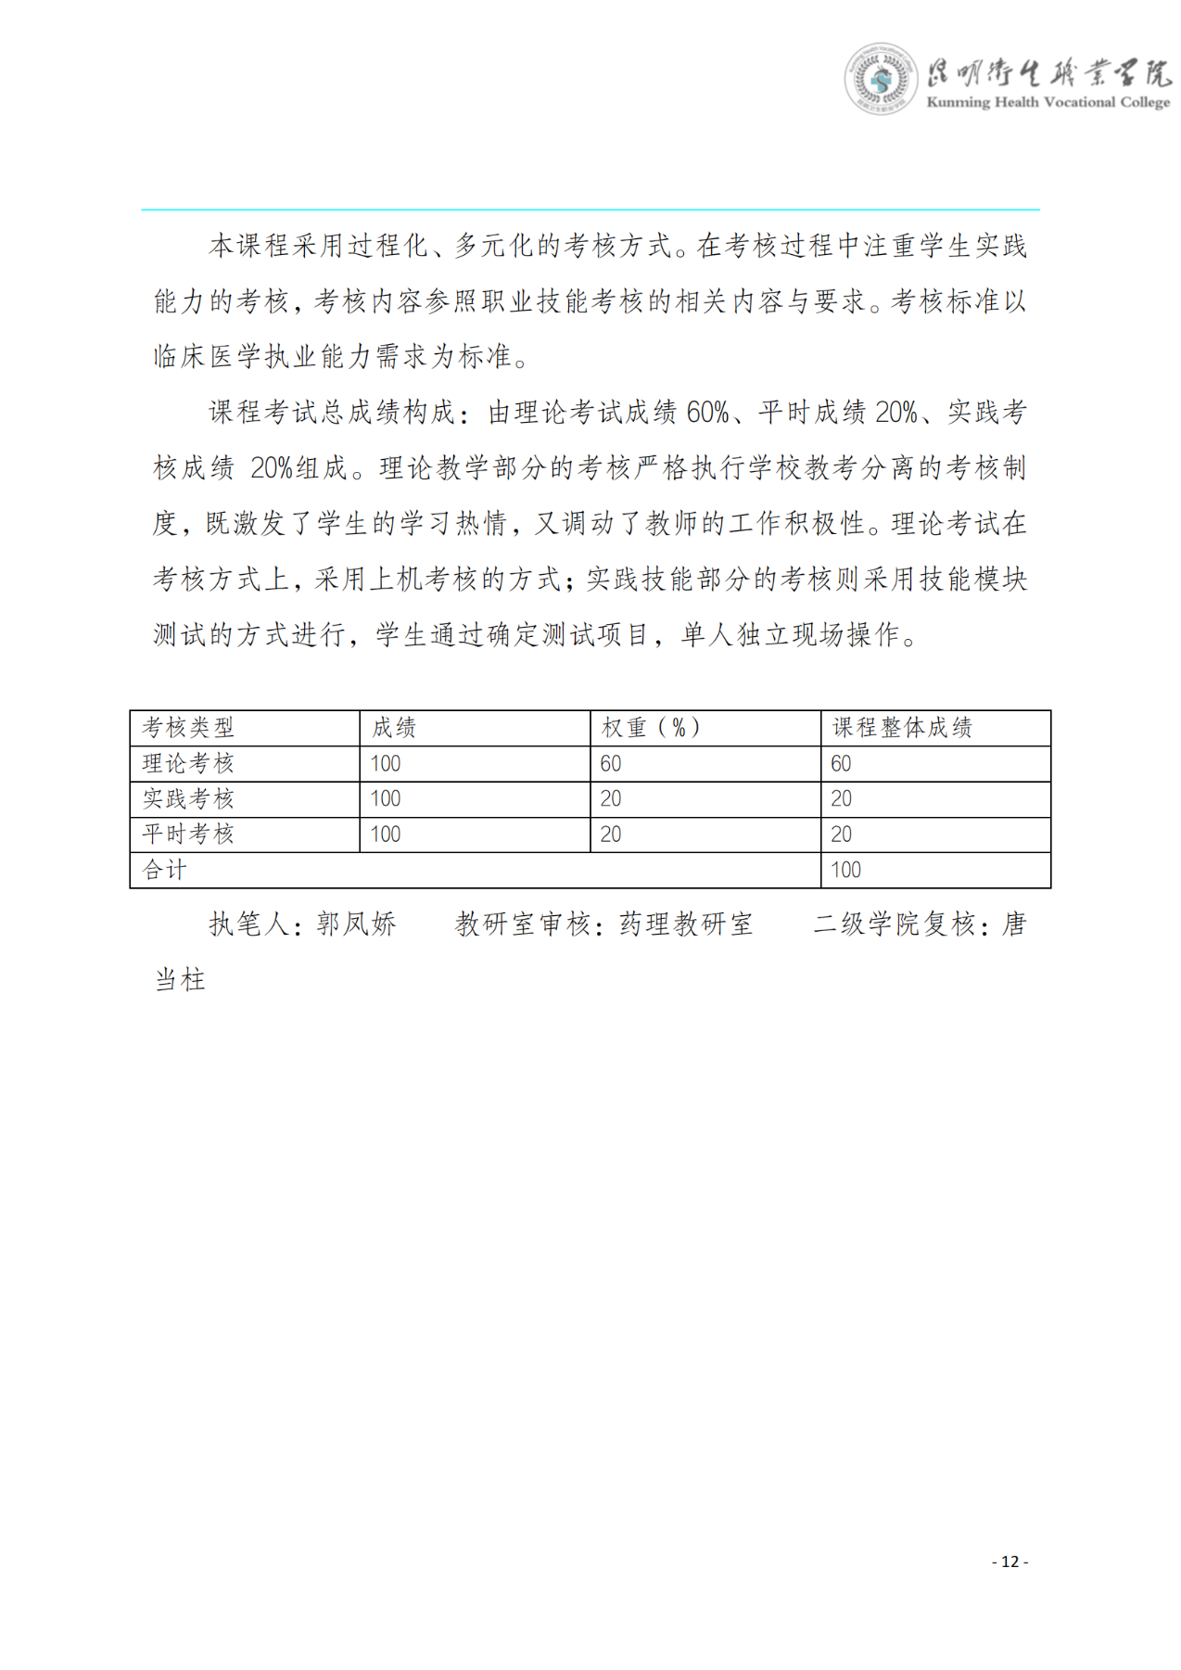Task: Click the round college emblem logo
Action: point(880,79)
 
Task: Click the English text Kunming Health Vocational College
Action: point(1048,102)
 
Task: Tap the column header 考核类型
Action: point(188,728)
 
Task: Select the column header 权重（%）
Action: point(652,728)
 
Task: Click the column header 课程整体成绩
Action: point(901,728)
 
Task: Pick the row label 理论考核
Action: point(188,763)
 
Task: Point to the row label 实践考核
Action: point(188,798)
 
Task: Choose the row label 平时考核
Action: point(188,834)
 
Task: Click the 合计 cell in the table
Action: point(165,870)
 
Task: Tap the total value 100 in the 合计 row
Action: point(845,870)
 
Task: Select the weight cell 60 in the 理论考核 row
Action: point(611,763)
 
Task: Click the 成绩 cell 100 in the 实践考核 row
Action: point(386,798)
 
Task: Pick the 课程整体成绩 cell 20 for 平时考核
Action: point(841,834)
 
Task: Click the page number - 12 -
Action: point(1010,1562)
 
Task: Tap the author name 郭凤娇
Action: point(356,924)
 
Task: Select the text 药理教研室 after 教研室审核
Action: point(686,924)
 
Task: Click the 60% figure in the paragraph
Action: point(707,412)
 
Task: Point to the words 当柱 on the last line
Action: point(180,979)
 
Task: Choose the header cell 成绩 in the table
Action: point(394,728)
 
